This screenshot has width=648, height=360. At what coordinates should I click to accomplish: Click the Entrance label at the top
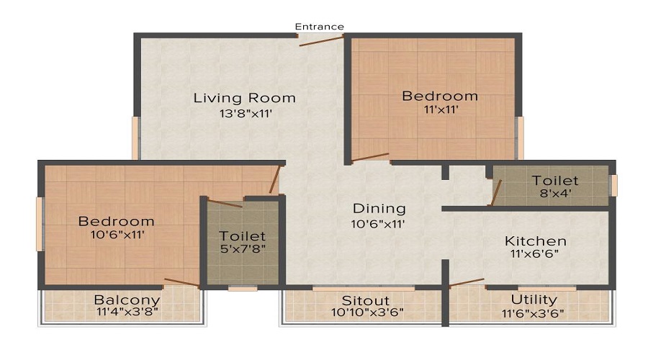tap(320, 27)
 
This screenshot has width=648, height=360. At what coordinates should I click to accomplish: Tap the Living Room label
tap(244, 98)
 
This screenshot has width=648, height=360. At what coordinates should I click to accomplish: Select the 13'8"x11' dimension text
tap(245, 113)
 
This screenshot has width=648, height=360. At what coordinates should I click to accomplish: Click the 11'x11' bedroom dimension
tap(440, 110)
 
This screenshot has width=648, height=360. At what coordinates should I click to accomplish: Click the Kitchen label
tap(535, 240)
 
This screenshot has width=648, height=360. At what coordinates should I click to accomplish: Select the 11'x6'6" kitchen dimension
tap(535, 254)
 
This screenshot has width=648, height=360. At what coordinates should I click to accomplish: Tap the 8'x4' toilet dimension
tap(555, 193)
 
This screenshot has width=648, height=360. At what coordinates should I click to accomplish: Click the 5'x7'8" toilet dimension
tap(242, 250)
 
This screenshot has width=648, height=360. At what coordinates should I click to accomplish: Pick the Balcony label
tap(127, 300)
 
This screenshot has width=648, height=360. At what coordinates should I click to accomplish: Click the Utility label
tap(534, 300)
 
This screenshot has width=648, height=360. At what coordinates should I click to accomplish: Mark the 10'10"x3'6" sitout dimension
tap(367, 312)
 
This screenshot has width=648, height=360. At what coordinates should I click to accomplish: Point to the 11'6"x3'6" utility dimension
tap(534, 312)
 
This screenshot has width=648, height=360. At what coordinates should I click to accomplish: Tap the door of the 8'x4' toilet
tap(495, 193)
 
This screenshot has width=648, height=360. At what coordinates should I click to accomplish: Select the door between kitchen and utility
tap(466, 282)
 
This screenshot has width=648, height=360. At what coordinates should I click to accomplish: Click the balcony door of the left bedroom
tap(181, 282)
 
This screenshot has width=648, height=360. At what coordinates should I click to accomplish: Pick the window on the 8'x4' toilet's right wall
tap(613, 185)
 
